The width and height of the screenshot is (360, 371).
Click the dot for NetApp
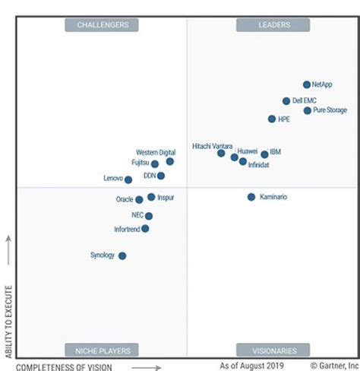coord(307,85)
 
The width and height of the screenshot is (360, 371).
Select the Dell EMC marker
coord(286,101)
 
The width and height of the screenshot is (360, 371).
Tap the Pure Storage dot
coord(308,110)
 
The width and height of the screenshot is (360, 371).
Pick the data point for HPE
coord(272,119)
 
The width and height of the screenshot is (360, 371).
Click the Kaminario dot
coord(251,197)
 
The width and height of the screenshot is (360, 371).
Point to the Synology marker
coord(122,255)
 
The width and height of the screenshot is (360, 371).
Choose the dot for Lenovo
coord(128,179)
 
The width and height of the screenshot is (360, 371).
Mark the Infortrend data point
coord(145,228)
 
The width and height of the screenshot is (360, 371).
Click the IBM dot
coord(264,154)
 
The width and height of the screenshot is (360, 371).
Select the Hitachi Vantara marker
coord(221,153)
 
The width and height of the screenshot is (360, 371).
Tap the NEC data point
coord(149,216)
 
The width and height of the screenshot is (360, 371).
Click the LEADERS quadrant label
coord(273,25)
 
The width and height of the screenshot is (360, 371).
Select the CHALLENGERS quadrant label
coord(102,25)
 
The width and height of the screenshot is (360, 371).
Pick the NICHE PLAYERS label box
coord(102,350)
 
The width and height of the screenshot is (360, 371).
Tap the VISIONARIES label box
coord(273,350)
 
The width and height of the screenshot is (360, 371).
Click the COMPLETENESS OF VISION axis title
coord(64,366)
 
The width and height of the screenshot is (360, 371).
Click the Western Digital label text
coord(156,152)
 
